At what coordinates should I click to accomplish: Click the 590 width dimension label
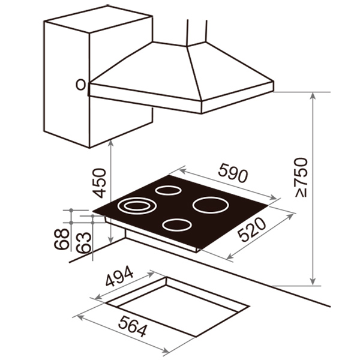pyautogui.click(x=233, y=173)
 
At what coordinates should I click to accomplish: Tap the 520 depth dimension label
pyautogui.click(x=252, y=230)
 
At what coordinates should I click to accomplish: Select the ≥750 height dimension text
pyautogui.click(x=301, y=178)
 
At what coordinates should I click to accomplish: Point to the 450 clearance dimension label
pyautogui.click(x=99, y=183)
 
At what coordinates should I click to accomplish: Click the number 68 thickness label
pyautogui.click(x=62, y=239)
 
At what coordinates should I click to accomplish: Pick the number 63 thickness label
pyautogui.click(x=83, y=242)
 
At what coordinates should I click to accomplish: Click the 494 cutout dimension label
pyautogui.click(x=119, y=276)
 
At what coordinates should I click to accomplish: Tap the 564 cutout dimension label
pyautogui.click(x=133, y=326)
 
